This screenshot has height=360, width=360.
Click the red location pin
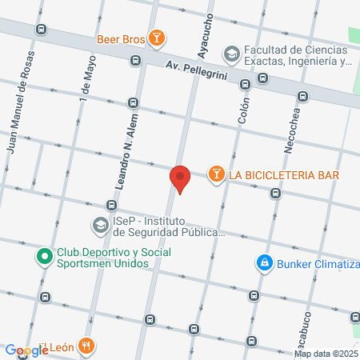coord(180,178)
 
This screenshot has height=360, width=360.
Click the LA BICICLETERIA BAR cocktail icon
coord(216,174)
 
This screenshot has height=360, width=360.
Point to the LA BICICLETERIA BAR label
coord(284,175)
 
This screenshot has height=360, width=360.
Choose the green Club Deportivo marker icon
coord(44,258)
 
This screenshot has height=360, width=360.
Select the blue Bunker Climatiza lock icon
coord(263,262)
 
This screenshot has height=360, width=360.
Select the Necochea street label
coord(292,127)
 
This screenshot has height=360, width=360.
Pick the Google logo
coord(26,350)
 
